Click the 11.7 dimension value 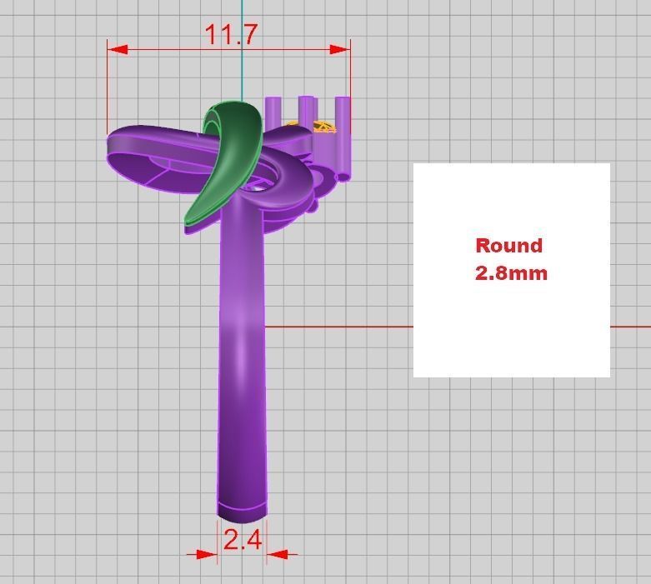point(231,34)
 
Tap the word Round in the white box point(508,246)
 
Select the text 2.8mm point(511,272)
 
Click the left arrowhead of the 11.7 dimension point(118,49)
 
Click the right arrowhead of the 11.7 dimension point(339,49)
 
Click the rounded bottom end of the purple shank point(243,511)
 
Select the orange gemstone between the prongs point(323,127)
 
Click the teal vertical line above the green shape point(242,50)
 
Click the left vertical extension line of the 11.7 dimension point(108,92)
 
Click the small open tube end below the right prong point(343,176)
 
